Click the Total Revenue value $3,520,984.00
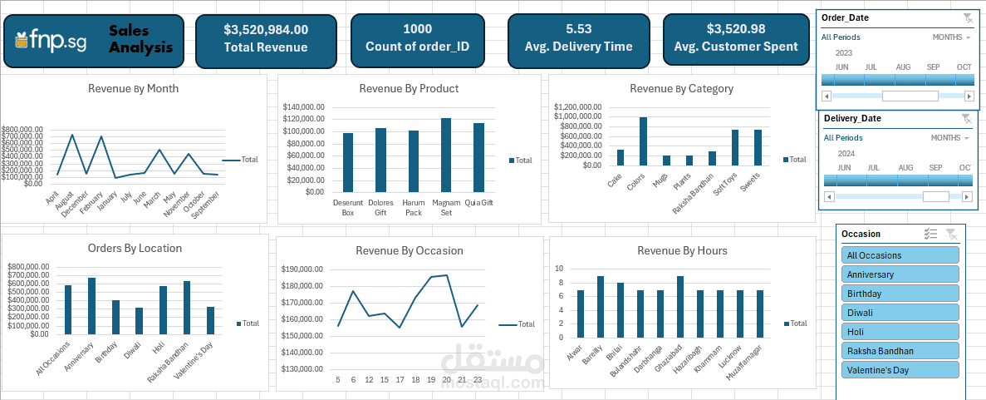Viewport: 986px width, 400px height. (265, 29)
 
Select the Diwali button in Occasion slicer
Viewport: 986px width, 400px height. (900, 313)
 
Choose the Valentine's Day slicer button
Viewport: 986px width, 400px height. (900, 370)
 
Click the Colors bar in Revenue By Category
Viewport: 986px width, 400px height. (643, 141)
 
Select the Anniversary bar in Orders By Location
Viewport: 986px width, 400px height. (91, 306)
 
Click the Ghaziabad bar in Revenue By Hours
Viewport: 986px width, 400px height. (680, 304)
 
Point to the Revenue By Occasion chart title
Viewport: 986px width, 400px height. (409, 250)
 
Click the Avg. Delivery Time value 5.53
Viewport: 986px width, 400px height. (578, 28)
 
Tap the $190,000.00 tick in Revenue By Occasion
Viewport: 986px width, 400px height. (302, 269)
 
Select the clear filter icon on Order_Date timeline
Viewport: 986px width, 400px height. (967, 17)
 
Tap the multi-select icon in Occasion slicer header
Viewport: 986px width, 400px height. (931, 235)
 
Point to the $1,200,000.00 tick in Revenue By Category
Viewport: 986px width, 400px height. (576, 107)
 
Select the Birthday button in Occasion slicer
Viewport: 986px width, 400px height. (900, 294)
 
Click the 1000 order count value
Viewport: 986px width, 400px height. (417, 29)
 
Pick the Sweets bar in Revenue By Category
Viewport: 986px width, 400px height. (758, 147)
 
